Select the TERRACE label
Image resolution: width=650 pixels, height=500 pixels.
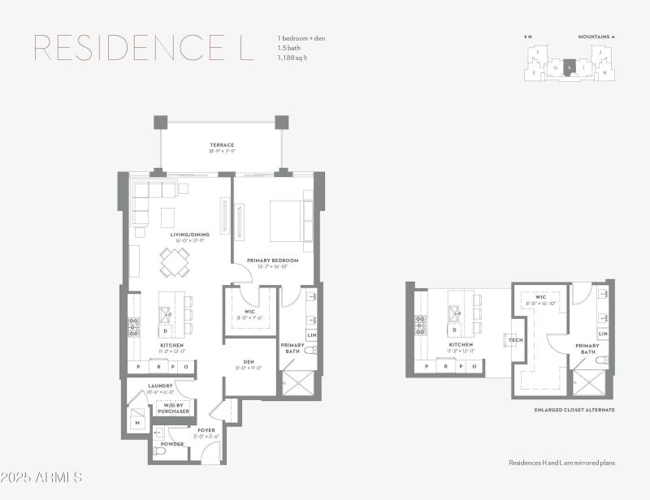(x=222, y=145)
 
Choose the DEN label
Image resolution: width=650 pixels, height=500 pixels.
(x=249, y=362)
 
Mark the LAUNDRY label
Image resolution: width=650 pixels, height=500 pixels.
(x=160, y=386)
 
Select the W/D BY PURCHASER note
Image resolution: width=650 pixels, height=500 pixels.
(x=173, y=407)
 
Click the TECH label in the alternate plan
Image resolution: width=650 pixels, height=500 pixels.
(x=516, y=339)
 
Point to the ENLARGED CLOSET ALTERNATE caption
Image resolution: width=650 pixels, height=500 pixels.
(x=574, y=410)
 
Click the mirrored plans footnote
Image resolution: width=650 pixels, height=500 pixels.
(x=561, y=463)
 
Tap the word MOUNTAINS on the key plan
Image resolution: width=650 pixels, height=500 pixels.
(x=594, y=37)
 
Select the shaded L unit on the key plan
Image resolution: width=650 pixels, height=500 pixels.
(x=570, y=67)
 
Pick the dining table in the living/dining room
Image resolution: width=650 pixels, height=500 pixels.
(x=174, y=262)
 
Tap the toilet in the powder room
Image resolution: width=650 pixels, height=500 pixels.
(x=160, y=451)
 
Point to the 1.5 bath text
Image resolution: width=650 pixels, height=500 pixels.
(x=289, y=47)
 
